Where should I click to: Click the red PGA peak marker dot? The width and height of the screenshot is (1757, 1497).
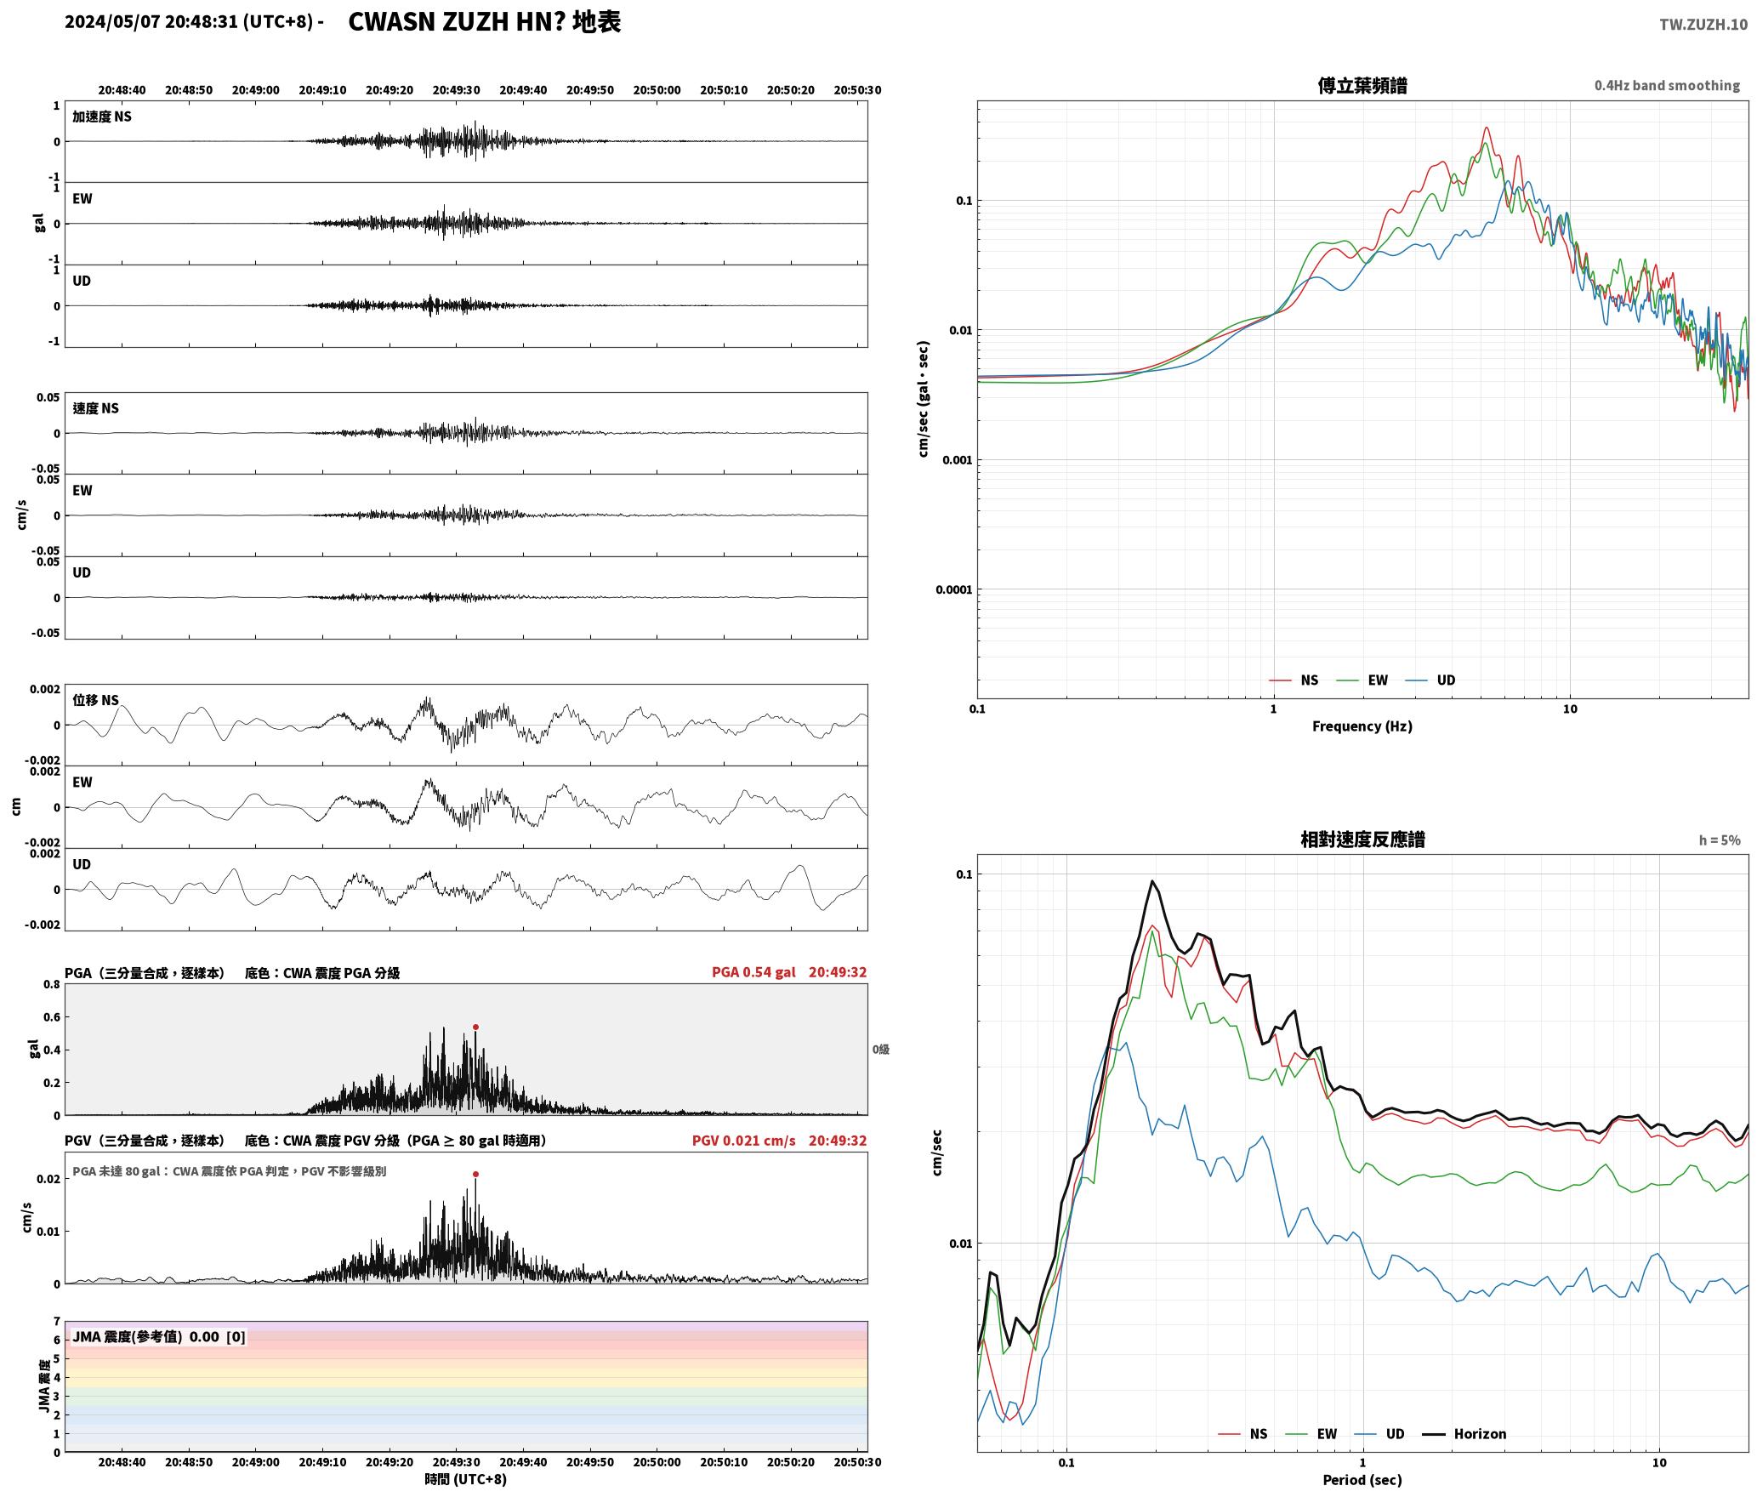(475, 1027)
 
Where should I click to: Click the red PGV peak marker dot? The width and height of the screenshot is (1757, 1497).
(475, 1174)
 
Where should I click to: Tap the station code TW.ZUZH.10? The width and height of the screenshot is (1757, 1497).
(1703, 25)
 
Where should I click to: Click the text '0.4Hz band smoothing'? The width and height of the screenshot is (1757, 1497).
(1667, 85)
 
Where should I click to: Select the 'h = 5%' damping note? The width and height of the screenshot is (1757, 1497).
(1720, 840)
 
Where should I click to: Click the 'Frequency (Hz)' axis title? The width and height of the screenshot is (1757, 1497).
(1362, 726)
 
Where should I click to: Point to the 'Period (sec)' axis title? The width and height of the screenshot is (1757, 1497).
(1362, 1480)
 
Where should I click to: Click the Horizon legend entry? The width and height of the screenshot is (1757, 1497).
(1464, 1434)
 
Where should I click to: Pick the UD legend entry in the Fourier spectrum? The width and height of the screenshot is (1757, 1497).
(1430, 680)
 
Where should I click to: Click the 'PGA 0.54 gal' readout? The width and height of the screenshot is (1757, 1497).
(753, 972)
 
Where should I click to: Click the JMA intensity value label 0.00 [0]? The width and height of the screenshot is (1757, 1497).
(217, 1336)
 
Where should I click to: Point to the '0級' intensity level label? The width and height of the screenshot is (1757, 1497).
(880, 1050)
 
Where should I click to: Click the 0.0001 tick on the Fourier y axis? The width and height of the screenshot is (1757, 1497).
(953, 589)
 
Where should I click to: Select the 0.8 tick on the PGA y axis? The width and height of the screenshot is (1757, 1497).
(51, 984)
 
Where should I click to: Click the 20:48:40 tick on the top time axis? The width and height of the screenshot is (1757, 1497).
(122, 90)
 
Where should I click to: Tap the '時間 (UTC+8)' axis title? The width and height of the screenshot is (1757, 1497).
(465, 1479)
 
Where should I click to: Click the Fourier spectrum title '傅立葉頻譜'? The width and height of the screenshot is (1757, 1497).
(1362, 85)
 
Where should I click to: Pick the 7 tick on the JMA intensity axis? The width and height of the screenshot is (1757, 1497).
(57, 1322)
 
